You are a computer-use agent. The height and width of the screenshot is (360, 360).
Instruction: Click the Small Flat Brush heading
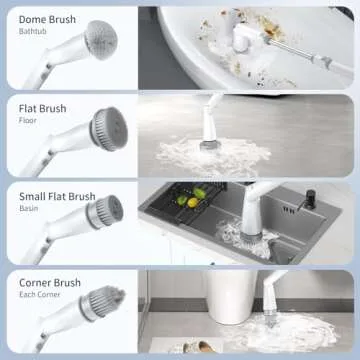(57, 196)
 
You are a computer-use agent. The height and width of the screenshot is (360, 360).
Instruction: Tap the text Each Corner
(40, 296)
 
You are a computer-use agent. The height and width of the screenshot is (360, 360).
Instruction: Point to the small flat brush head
(107, 211)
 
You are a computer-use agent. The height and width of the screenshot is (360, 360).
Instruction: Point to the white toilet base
(226, 300)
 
